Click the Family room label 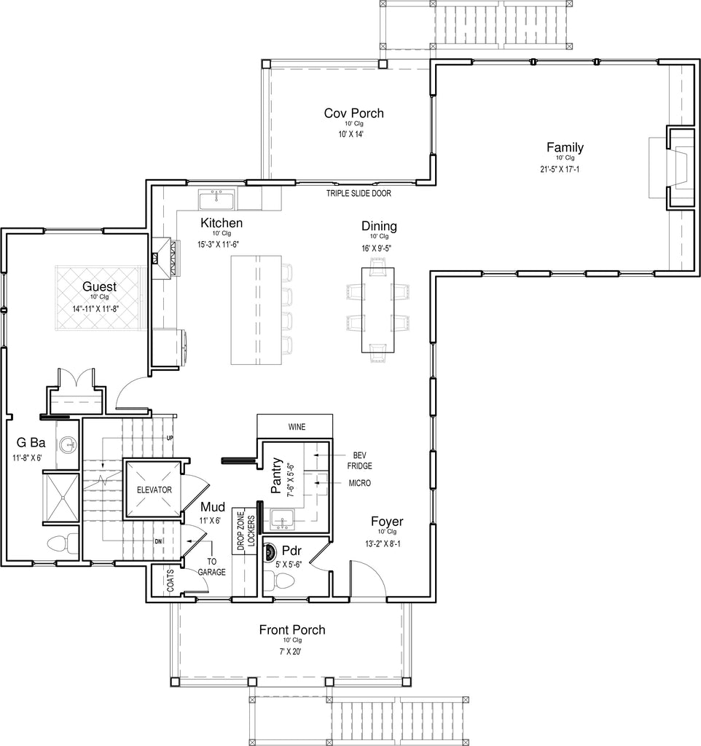coord(565,147)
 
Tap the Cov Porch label coord(353,113)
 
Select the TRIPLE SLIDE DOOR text coord(359,193)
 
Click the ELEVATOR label coord(154,490)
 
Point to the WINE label coord(297,427)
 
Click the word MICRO coord(360,483)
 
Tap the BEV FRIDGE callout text coord(359,460)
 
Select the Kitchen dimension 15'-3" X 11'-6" coord(218,245)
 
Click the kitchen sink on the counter coord(216,200)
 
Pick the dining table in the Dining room coord(378,310)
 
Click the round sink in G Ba coord(68,445)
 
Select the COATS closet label coord(171,581)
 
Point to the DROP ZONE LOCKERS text coord(246,530)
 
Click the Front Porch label coord(292,630)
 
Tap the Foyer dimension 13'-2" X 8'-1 coord(383,543)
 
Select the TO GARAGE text coord(212,567)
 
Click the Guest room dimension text coord(95,308)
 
